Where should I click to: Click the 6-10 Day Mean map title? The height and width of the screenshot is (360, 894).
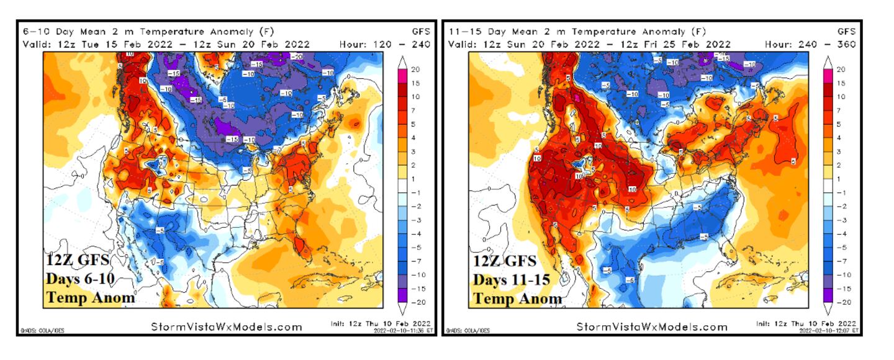point(148,31)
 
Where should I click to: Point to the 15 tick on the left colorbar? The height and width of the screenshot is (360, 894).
point(416,83)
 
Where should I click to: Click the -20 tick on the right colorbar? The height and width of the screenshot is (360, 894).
point(842,302)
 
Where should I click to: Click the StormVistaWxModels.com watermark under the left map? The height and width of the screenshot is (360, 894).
point(226,326)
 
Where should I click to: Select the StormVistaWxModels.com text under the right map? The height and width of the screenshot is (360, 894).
point(651,326)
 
